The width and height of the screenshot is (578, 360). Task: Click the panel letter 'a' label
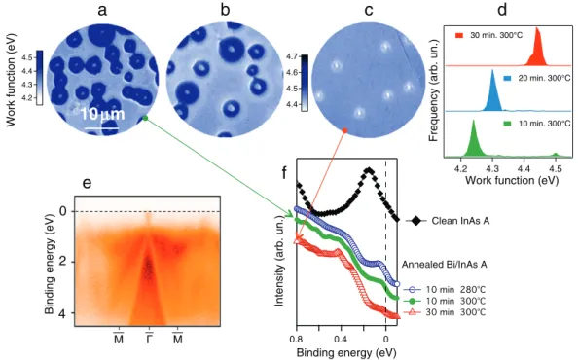coord(102,11)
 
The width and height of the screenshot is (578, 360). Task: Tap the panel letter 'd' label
coord(502,9)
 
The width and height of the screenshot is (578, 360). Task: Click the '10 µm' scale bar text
coord(102,114)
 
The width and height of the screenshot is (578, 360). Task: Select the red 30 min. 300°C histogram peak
coord(536,48)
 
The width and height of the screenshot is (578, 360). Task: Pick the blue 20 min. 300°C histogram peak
coord(492,92)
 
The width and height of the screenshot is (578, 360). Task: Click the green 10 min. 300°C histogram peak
coord(473,139)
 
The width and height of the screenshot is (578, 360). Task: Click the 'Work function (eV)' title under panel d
coord(512,180)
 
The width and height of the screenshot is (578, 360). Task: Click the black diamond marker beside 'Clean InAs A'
coord(416,221)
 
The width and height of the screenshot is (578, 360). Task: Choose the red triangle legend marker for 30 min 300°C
coord(413,312)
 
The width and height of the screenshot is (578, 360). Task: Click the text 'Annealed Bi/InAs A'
coord(444,265)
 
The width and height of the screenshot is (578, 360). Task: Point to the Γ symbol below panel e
coord(149,338)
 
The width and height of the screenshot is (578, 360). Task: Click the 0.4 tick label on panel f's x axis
coord(341,339)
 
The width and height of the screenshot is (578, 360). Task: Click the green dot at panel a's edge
coord(145,119)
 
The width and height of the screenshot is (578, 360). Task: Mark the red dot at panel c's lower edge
coord(344,130)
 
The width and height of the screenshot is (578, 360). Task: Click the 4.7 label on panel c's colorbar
coord(293,56)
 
